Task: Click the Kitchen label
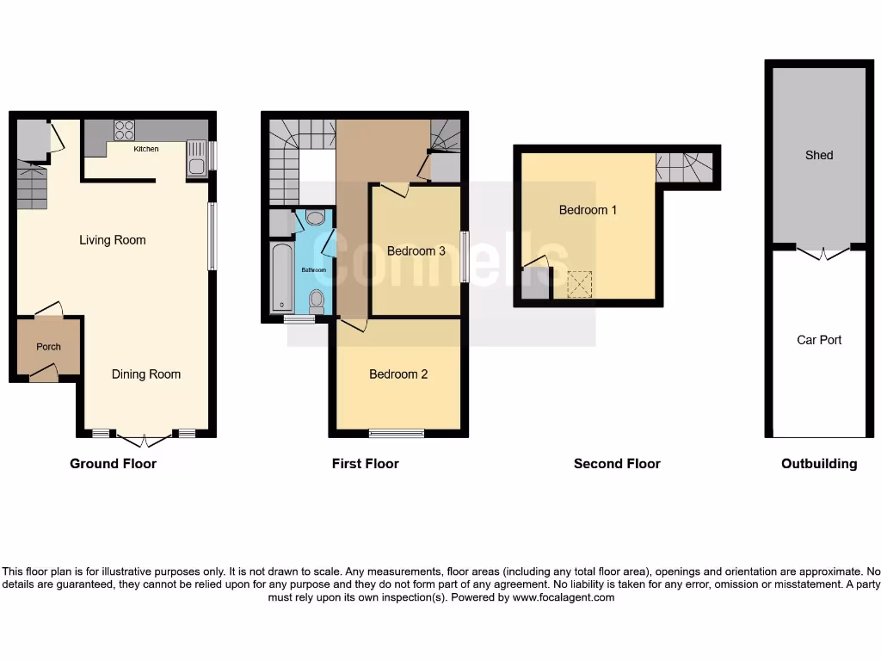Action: [x=145, y=149]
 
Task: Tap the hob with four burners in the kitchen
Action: [x=124, y=130]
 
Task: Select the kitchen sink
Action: [x=196, y=162]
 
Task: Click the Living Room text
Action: [x=113, y=240]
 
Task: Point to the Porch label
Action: [x=48, y=347]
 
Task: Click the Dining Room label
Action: [x=146, y=374]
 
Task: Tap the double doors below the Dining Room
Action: [x=144, y=439]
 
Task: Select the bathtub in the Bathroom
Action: [x=282, y=277]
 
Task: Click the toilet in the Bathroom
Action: [x=317, y=300]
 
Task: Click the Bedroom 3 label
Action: [x=416, y=251]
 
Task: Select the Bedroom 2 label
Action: [x=398, y=374]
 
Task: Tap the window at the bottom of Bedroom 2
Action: [x=397, y=433]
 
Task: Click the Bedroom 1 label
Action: [x=588, y=210]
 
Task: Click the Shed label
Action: [x=819, y=155]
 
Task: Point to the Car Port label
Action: [x=819, y=340]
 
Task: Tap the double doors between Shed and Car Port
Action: [x=823, y=252]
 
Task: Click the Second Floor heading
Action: [x=617, y=464]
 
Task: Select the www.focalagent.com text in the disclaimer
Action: [x=564, y=597]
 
